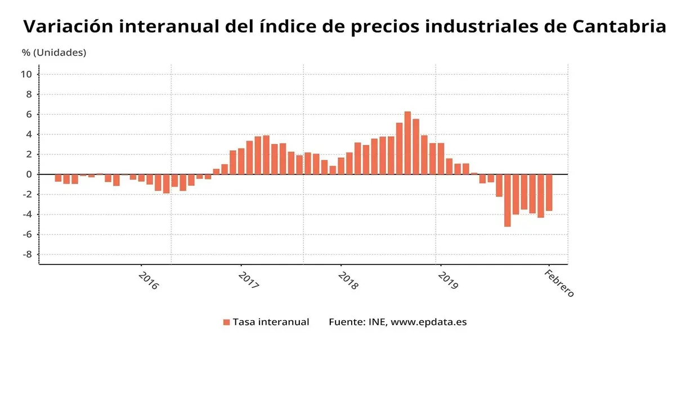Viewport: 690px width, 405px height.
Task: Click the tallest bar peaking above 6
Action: [407, 143]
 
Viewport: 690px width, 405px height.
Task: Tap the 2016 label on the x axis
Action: [149, 280]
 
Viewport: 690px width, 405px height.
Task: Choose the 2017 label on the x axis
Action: [248, 280]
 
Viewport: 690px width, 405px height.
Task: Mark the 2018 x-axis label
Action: [348, 280]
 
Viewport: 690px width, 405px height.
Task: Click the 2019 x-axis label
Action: [447, 280]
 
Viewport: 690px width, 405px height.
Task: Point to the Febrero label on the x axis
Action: [559, 283]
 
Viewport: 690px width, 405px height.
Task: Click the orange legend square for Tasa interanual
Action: [226, 322]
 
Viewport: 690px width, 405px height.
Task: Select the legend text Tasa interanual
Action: [271, 322]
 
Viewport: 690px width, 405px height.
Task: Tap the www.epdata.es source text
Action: [428, 322]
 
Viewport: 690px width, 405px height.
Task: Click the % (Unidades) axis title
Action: [54, 52]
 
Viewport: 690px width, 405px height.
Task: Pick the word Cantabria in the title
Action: [619, 26]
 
